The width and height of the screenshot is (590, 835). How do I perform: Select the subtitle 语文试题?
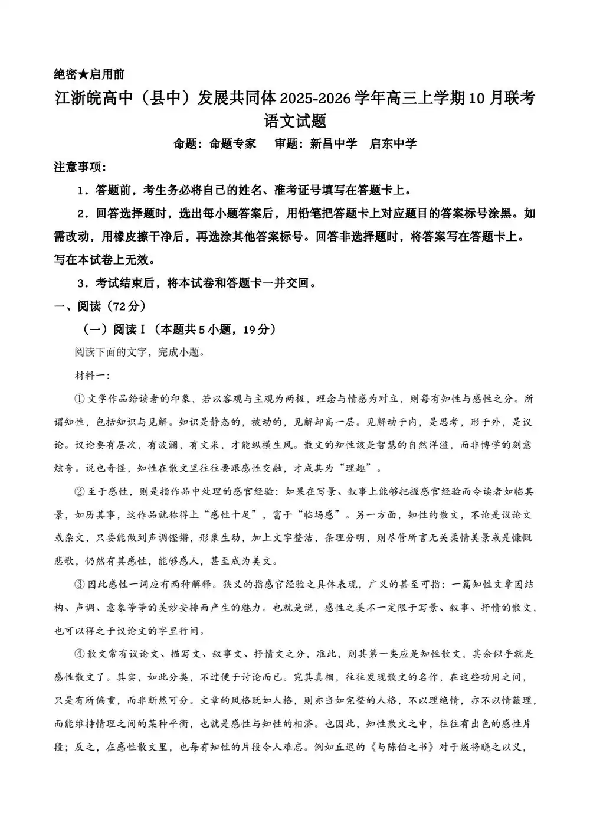[295, 121]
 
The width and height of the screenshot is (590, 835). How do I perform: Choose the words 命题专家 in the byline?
[232, 143]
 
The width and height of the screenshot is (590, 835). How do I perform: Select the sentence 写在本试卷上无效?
[100, 260]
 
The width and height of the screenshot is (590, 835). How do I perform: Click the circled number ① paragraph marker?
[80, 399]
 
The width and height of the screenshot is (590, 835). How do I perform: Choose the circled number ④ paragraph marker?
[80, 654]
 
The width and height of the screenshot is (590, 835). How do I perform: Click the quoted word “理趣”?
[358, 469]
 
